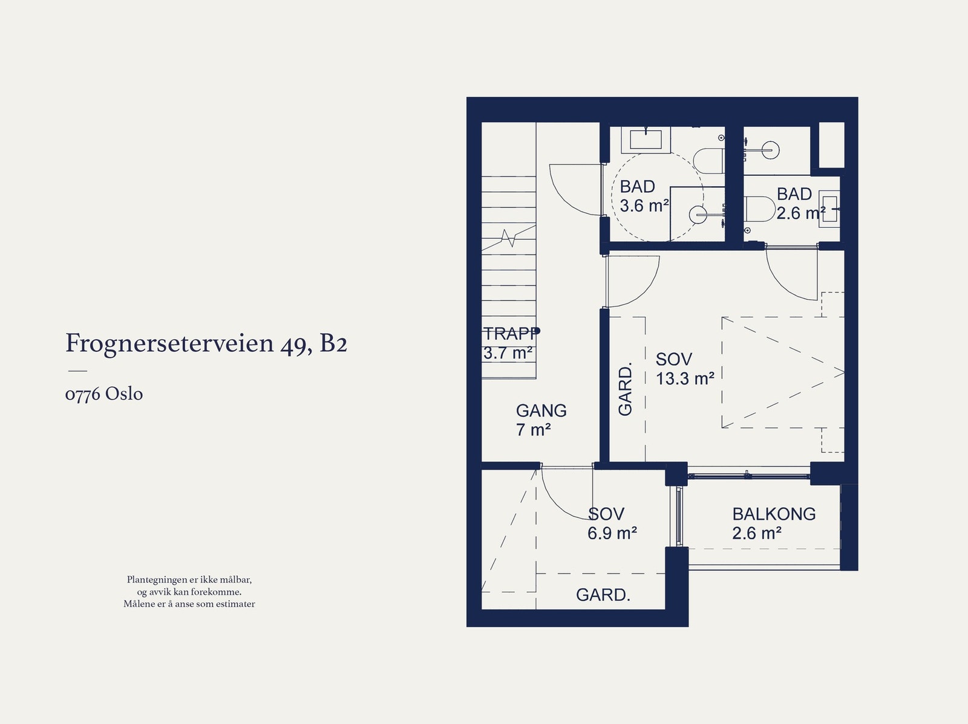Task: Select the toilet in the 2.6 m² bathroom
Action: (756, 209)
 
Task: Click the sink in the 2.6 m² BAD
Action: (828, 209)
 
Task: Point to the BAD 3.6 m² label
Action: (643, 196)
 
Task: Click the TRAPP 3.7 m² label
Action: (508, 343)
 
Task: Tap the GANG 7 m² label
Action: (540, 420)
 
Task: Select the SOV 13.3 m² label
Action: (684, 369)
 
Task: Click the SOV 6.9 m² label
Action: (611, 523)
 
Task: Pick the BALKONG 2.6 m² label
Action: (773, 523)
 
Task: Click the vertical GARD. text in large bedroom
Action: (625, 389)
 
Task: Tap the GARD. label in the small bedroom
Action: (603, 595)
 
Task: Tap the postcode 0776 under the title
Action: (82, 395)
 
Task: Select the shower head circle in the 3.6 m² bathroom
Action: (698, 212)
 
